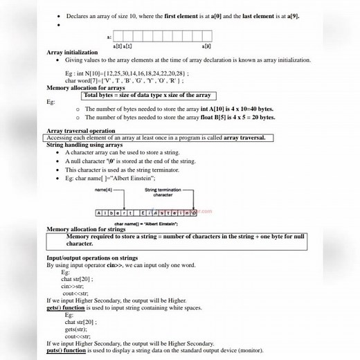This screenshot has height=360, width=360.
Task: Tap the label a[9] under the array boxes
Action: [x=207, y=46]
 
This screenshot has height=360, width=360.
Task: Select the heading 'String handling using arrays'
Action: [x=84, y=145]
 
